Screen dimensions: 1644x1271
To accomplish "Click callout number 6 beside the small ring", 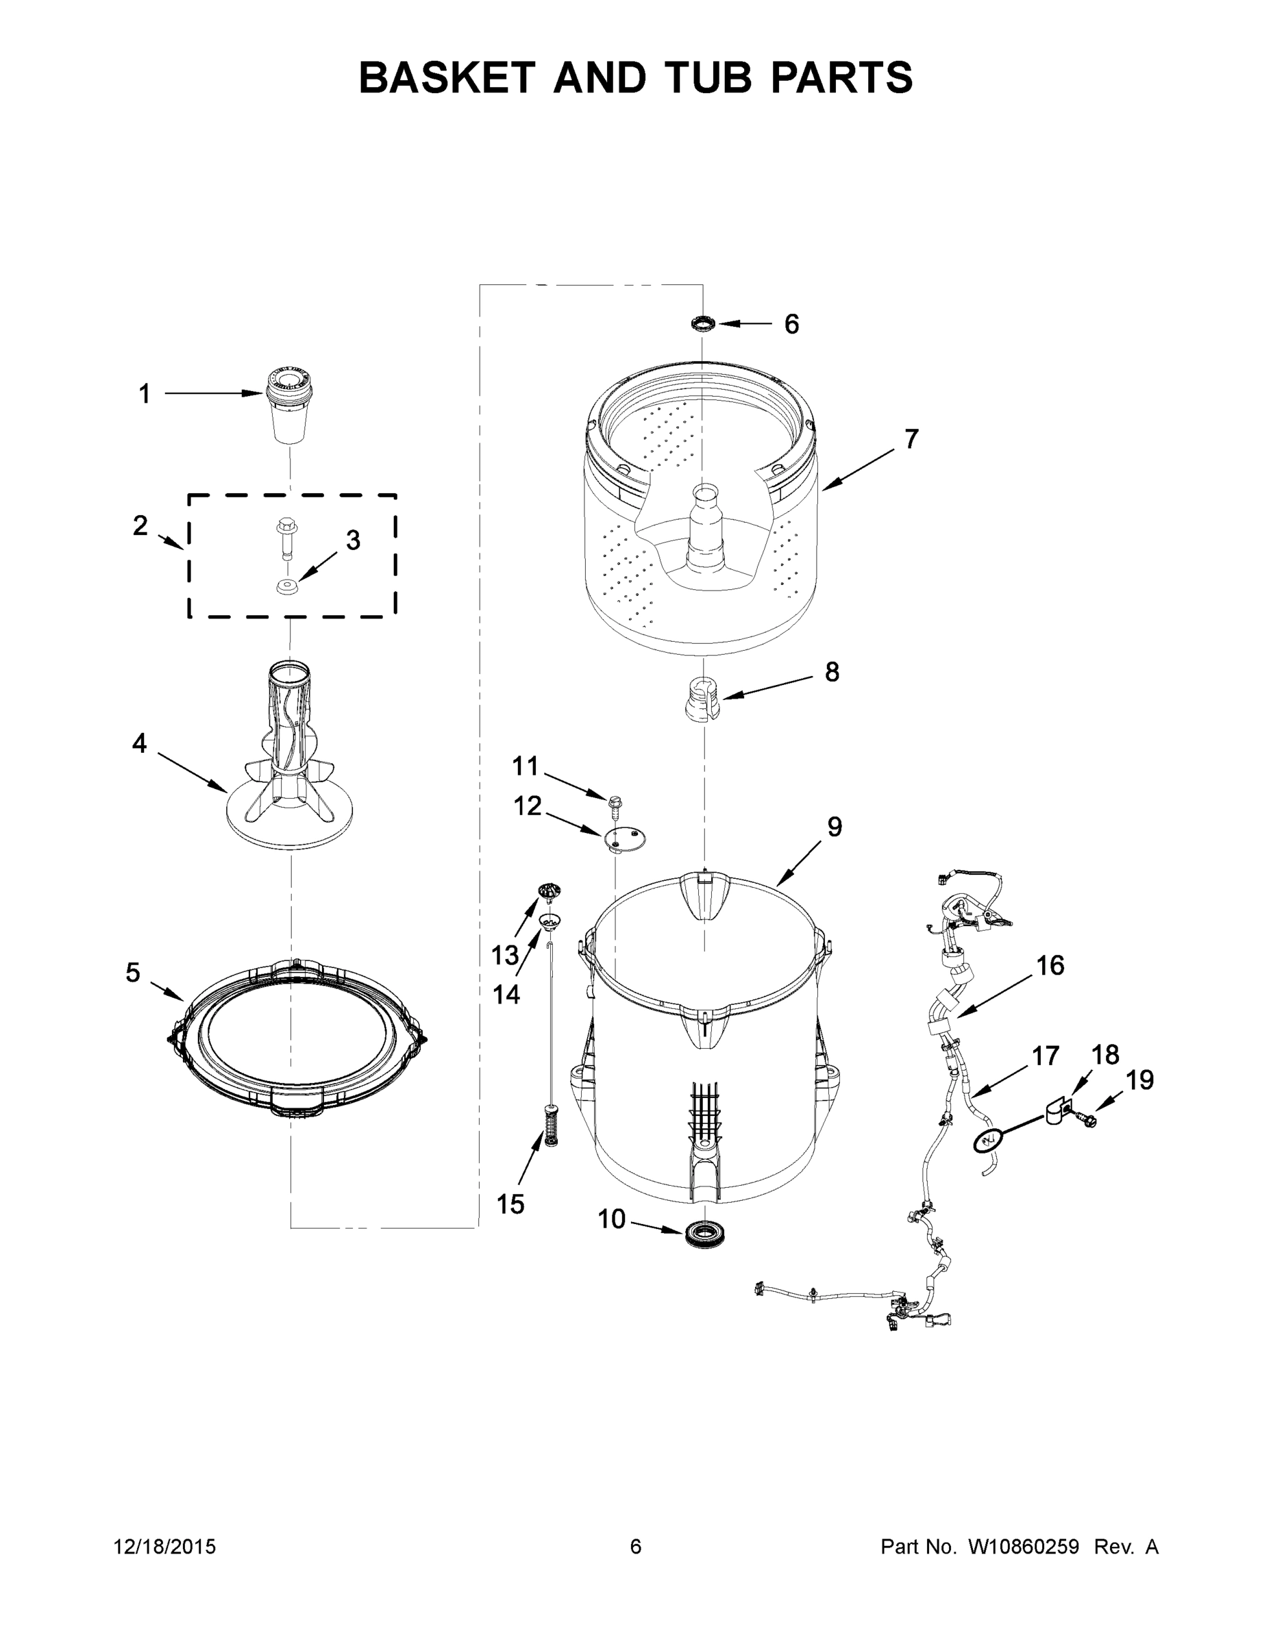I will tap(791, 325).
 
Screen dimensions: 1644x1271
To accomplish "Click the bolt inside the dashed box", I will tap(286, 536).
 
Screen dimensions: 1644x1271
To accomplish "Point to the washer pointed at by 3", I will tap(286, 586).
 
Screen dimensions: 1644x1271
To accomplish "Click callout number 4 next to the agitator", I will tap(139, 744).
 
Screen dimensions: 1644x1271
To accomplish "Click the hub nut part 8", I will tap(701, 699).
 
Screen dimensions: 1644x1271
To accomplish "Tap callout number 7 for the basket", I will tap(911, 439).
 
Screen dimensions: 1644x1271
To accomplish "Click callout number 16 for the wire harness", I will tap(1050, 966).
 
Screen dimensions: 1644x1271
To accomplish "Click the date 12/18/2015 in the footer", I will tap(165, 1547).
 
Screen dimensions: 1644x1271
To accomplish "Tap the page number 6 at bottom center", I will tap(636, 1547).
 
